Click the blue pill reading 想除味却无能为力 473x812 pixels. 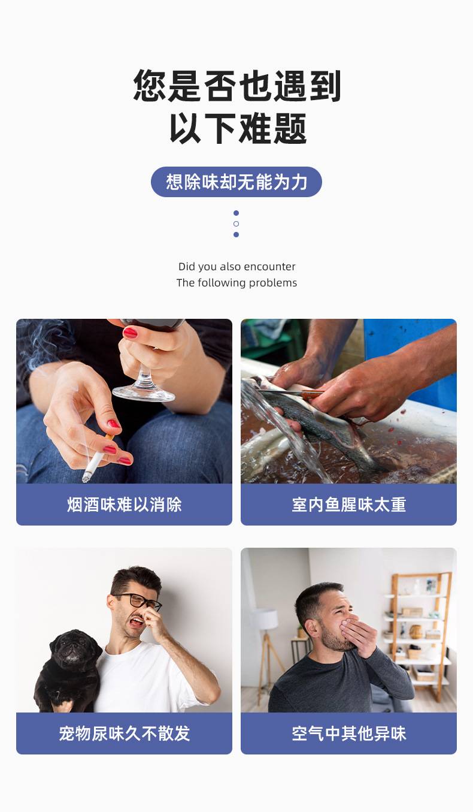pos(236,182)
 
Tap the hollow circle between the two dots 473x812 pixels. pos(236,224)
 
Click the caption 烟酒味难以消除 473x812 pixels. pos(124,505)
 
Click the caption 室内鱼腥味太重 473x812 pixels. pos(349,505)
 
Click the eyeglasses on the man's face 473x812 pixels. pos(140,601)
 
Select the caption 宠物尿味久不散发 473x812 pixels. pos(124,733)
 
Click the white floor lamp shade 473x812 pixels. pos(265,619)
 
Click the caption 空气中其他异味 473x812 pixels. pos(349,733)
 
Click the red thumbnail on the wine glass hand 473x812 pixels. pos(131,333)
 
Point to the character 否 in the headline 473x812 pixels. pos(220,86)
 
